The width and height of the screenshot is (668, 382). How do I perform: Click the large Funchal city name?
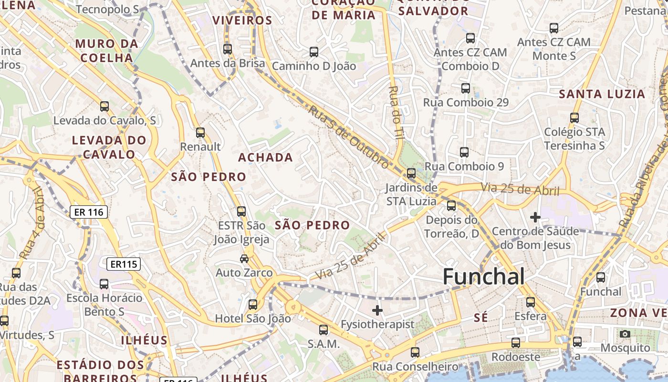484,276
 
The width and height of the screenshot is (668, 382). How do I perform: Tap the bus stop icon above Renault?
200,133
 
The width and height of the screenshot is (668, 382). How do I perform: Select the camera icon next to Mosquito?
625,334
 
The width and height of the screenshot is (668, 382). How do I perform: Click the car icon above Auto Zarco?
244,259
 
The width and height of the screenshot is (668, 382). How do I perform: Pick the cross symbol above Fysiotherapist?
377,310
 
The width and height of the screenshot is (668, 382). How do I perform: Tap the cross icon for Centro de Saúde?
535,218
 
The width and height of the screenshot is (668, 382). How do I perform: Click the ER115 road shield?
124,264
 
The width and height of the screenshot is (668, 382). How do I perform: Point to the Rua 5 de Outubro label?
348,137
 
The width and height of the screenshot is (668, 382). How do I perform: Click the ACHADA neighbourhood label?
265,157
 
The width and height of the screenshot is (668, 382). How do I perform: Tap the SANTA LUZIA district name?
602,94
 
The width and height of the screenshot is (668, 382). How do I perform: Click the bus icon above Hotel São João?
253,304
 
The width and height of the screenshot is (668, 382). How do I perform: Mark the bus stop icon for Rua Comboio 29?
466,88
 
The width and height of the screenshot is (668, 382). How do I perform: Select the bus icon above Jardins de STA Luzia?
411,173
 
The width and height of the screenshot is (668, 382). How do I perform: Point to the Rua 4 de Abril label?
32,223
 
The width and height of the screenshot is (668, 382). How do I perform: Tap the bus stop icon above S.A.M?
324,329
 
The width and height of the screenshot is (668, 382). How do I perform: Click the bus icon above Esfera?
531,302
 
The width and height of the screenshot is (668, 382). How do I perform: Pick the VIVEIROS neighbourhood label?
242,21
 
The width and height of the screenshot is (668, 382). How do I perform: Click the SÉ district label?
480,318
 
